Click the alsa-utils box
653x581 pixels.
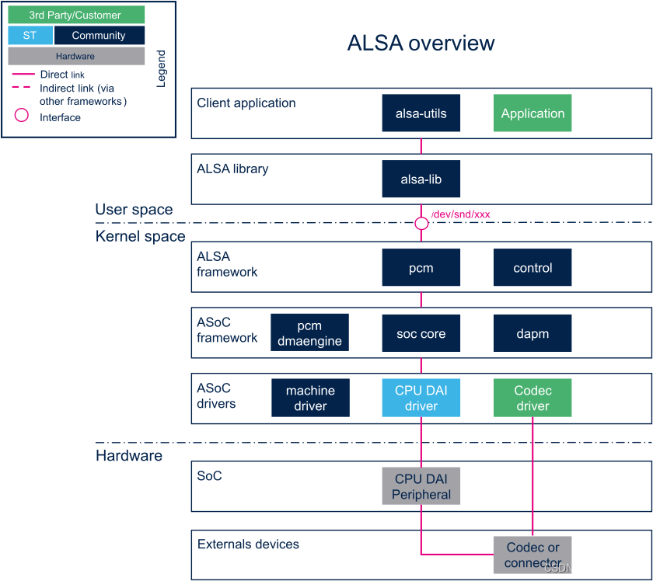point(421,113)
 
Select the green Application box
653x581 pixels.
point(533,113)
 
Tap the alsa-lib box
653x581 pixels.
point(421,179)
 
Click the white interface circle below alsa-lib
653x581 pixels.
point(421,224)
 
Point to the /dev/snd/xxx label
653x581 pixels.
point(460,214)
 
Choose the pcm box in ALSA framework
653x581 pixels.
point(421,268)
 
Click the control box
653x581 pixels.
point(533,268)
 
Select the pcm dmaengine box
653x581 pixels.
point(309,333)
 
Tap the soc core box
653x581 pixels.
point(421,333)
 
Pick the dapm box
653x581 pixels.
point(533,333)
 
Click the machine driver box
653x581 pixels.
point(310,398)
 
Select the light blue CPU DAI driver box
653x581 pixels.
point(421,398)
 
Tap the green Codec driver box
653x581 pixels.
point(533,398)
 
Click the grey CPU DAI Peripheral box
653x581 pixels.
point(421,486)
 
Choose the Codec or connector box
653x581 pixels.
point(533,555)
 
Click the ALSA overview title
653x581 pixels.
point(421,43)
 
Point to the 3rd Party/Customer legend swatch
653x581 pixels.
point(75,15)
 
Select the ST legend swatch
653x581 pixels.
point(30,35)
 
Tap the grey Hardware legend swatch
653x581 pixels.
point(75,56)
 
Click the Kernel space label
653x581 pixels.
point(140,236)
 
